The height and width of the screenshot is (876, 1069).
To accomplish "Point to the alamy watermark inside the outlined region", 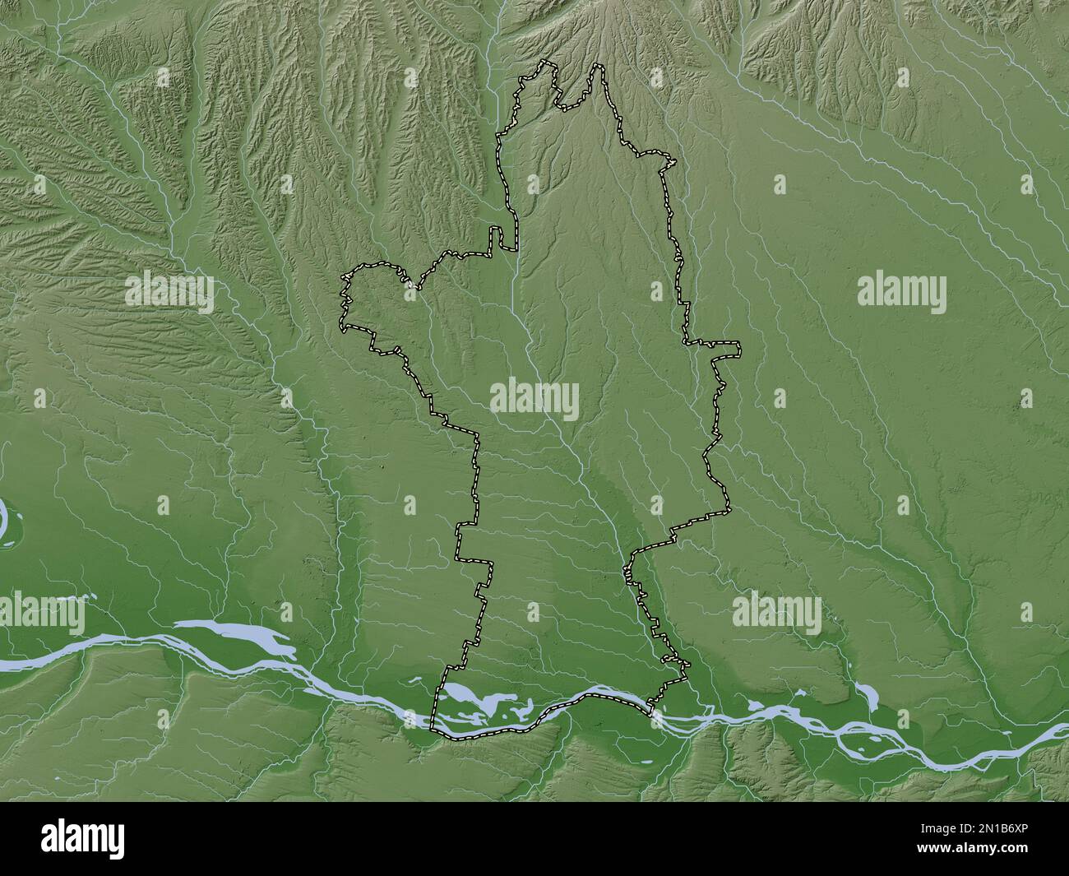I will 535,401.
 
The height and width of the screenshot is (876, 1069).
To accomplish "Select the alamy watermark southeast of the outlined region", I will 776,614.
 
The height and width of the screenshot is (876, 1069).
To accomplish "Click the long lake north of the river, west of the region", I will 238,637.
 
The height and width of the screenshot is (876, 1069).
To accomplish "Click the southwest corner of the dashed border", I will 433,727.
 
